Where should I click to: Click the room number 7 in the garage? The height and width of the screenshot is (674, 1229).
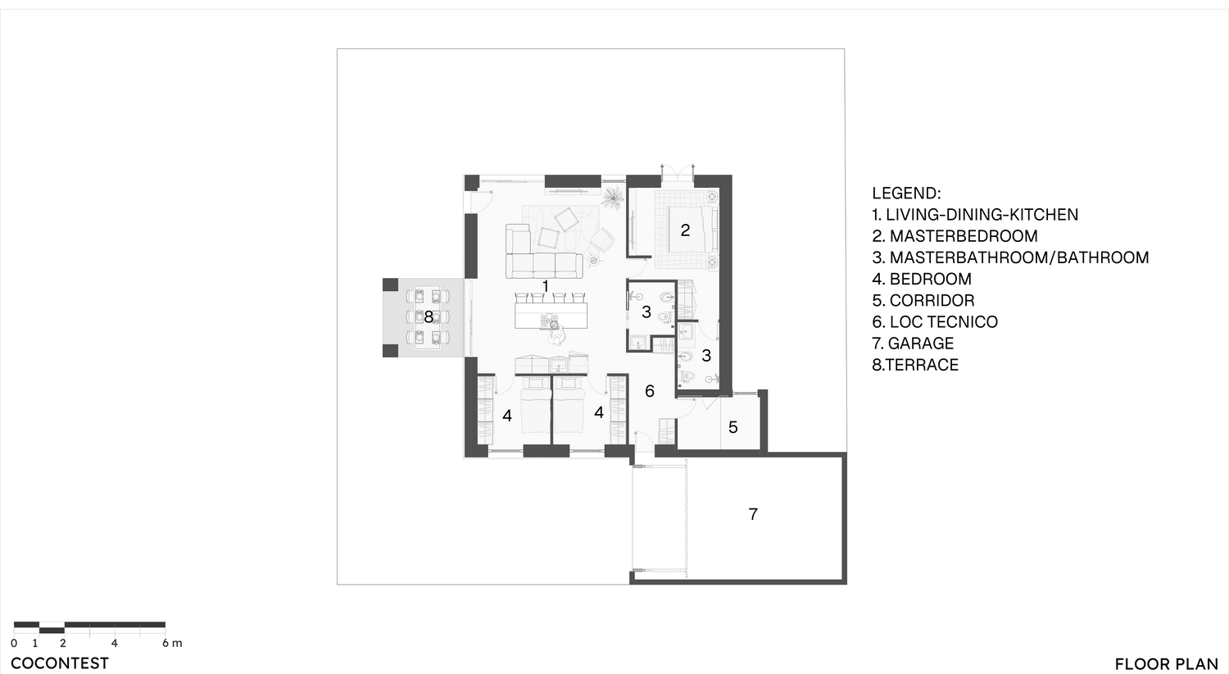point(753,514)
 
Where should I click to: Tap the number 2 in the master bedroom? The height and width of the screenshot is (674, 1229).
point(685,230)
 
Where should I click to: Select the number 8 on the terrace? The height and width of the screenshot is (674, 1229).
point(429,317)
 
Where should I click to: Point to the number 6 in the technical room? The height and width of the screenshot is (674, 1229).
point(650,391)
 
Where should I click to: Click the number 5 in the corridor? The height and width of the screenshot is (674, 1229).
point(733,427)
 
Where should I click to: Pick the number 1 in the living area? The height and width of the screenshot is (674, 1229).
point(546,286)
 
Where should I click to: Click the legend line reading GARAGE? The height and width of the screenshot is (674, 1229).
point(913,344)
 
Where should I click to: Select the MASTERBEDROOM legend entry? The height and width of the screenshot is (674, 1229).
point(955,236)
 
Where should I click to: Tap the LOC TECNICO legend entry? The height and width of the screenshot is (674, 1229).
point(935,322)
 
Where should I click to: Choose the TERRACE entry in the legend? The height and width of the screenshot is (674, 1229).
point(915,365)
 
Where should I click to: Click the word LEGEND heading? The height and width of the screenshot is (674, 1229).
point(906,194)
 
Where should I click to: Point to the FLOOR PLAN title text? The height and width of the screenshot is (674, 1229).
point(1167,664)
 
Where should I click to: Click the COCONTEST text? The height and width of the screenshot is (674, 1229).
point(60,663)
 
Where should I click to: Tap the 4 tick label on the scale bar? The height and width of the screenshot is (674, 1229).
point(114,644)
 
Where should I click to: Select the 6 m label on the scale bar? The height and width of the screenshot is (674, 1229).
point(172,644)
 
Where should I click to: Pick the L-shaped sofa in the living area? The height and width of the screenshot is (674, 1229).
point(543,252)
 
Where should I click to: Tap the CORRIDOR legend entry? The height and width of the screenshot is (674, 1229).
point(923,301)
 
